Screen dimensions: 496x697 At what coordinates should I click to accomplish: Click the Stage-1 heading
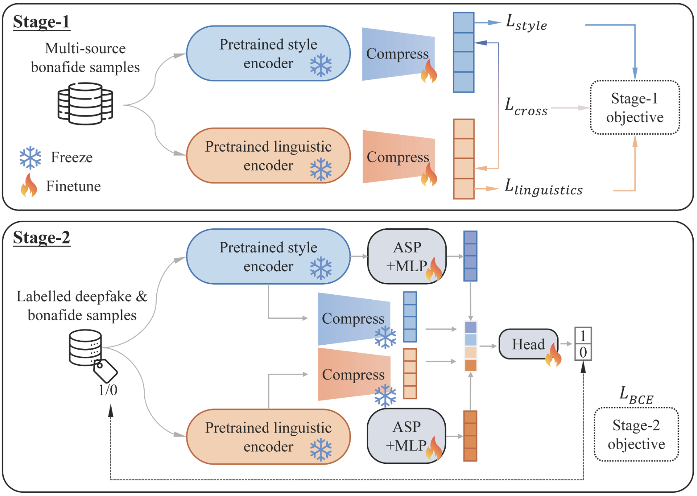click(41, 22)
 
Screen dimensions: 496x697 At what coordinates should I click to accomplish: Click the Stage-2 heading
click(41, 238)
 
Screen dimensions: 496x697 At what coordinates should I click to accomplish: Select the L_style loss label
click(526, 22)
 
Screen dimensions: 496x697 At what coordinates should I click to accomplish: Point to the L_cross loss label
click(526, 107)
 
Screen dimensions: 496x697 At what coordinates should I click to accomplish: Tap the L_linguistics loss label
click(543, 188)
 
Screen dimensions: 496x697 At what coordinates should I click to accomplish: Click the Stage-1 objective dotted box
click(635, 108)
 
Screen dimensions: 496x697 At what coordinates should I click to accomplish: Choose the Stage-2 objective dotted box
click(636, 434)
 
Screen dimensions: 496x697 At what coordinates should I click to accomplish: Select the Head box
click(528, 344)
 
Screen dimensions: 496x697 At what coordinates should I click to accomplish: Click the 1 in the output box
click(583, 336)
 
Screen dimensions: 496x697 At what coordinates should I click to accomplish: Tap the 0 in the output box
click(583, 352)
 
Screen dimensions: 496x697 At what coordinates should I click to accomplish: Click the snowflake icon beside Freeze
click(30, 157)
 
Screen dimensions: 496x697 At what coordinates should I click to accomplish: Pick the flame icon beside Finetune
click(29, 186)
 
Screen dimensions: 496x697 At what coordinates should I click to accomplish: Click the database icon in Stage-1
click(85, 104)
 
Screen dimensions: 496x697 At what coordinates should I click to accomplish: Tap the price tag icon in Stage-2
click(105, 370)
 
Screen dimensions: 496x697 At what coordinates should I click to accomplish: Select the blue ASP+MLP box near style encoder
click(407, 257)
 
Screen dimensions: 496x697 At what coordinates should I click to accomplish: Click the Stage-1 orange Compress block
click(398, 157)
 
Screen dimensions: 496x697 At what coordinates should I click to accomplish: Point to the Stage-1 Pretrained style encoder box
click(268, 54)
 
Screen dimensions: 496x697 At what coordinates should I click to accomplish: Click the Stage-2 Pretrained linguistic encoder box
click(268, 437)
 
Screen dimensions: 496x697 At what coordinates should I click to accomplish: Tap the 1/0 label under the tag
click(108, 390)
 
